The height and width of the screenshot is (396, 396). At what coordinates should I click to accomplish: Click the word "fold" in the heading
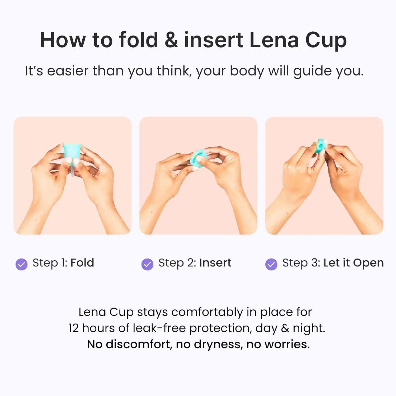(138, 40)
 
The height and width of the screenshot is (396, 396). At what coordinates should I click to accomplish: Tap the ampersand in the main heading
(171, 40)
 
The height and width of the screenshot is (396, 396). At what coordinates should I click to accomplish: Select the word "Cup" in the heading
(326, 41)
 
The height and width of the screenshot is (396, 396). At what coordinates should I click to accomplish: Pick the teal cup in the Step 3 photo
(320, 146)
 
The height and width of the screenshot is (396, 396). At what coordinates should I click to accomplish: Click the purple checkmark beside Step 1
(21, 264)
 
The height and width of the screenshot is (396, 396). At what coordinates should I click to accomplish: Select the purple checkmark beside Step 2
(147, 264)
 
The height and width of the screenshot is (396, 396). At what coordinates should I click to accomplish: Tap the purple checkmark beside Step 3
(271, 264)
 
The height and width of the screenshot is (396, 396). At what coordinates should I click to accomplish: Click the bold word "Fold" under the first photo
(82, 263)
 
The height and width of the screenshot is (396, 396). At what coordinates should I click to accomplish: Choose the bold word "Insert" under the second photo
(215, 263)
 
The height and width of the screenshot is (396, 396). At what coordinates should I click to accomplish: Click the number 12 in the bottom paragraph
(73, 328)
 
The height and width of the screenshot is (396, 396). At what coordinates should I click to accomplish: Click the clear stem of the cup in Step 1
(72, 169)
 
